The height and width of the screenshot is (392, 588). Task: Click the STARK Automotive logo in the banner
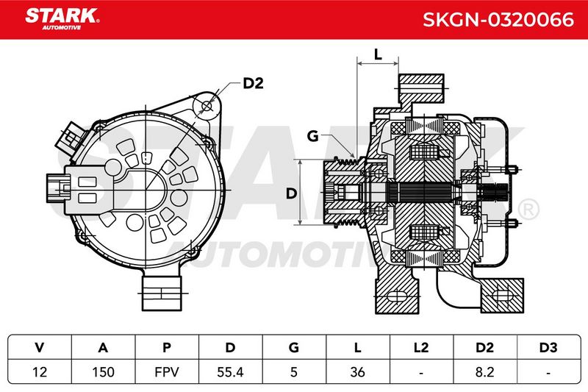pos(62,19)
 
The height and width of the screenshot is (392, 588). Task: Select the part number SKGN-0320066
pos(498,20)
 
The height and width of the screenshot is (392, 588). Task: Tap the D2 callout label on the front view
pos(253,83)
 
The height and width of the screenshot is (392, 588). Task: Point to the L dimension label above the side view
pos(378,54)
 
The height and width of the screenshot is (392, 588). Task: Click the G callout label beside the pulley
pos(312,136)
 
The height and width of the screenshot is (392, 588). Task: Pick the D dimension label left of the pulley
pos(291,193)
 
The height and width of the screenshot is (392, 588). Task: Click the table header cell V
pos(40,347)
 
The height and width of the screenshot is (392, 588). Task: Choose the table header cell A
pos(103,347)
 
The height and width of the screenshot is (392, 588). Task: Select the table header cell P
pos(167,347)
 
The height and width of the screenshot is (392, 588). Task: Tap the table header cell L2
pos(421,347)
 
